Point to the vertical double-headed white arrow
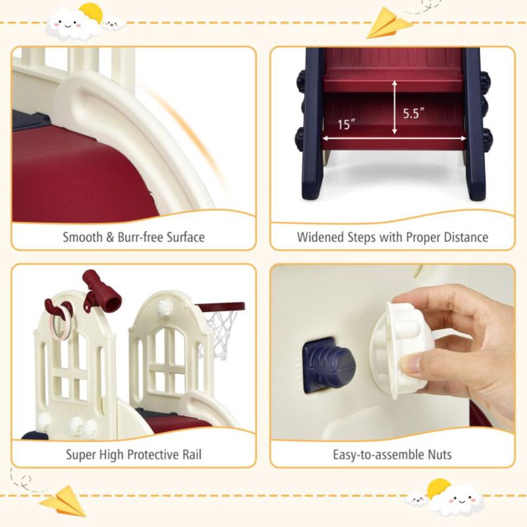[395, 108]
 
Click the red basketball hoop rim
[221, 308]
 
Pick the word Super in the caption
[81, 455]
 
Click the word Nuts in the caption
[437, 455]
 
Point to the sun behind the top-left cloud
[90, 13]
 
